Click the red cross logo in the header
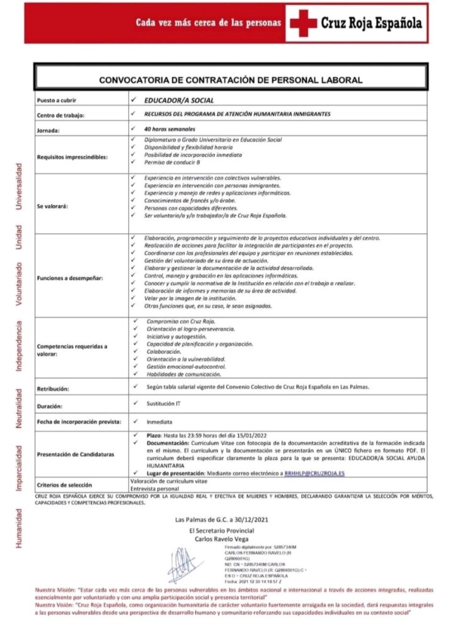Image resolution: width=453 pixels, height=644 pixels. [306, 23]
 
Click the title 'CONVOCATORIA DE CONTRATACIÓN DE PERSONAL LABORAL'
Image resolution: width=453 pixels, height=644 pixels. [231, 80]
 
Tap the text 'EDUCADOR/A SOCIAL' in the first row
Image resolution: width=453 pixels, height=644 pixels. [179, 100]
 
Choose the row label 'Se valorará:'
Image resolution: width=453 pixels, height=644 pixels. [53, 205]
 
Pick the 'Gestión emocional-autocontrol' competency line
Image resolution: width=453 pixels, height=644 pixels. [185, 366]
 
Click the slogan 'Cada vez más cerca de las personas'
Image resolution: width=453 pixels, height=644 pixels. [209, 23]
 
